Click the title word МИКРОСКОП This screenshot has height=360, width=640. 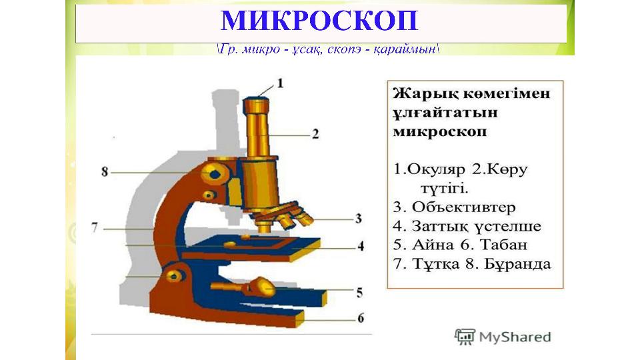[x=319, y=21]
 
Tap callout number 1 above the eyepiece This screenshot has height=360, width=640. [x=280, y=84]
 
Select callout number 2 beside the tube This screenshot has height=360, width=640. [x=315, y=134]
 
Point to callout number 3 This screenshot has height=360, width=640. [x=358, y=219]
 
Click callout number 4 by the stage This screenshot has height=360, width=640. [x=361, y=246]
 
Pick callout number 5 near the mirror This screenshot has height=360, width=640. [x=359, y=293]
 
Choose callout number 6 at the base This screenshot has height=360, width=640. [x=361, y=318]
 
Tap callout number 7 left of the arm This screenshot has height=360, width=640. [x=95, y=227]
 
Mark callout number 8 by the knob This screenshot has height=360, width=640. [x=105, y=172]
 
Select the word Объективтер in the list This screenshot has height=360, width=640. [x=464, y=207]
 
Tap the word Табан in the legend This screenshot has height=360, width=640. [x=503, y=245]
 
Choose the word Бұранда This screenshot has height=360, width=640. [x=517, y=264]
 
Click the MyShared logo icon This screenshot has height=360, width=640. [x=465, y=337]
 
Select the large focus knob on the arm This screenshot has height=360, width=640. [x=214, y=174]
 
